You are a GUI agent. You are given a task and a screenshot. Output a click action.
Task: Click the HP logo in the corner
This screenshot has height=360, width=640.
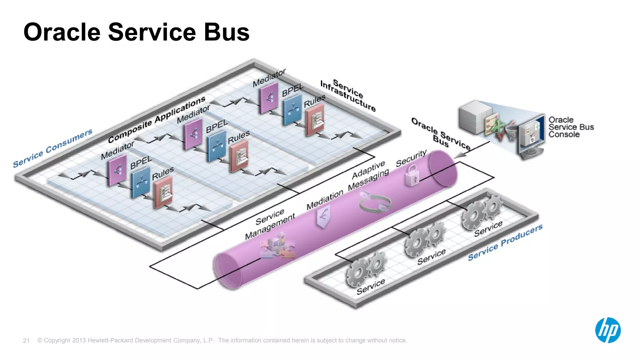coord(608,330)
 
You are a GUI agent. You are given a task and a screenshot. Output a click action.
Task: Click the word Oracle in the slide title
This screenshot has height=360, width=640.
coord(62,32)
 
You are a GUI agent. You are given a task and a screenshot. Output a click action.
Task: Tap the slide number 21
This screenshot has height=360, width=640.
coord(26,341)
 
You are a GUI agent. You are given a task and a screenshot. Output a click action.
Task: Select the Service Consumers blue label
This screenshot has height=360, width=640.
coord(52,148)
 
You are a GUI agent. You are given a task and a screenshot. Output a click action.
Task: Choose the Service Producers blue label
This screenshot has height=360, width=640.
coord(505,242)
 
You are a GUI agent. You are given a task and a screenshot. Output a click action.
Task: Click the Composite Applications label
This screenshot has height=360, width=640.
coord(157,119)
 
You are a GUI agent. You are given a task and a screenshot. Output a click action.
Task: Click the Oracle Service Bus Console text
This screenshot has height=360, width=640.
coord(571,127)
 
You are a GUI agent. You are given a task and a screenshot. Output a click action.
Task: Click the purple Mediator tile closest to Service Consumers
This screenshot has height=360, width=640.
coord(117,170)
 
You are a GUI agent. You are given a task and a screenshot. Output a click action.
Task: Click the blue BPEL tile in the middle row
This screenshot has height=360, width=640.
coord(216,146)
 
